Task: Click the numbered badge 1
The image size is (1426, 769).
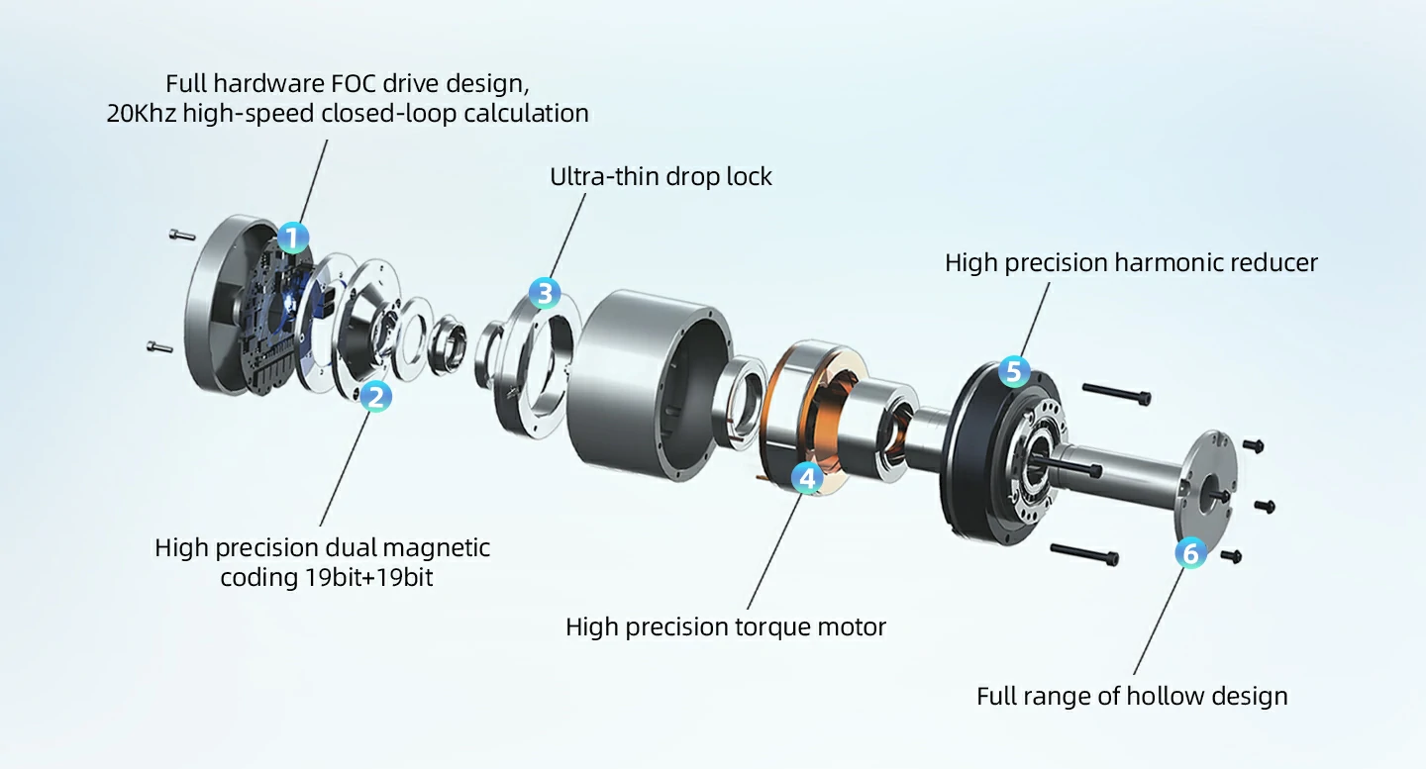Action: tap(293, 238)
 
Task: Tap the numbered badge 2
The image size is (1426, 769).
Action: tap(375, 397)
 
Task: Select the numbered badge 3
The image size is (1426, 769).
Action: tap(544, 293)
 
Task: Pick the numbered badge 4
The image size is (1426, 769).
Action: tap(808, 478)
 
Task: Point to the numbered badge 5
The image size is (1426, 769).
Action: tap(1013, 371)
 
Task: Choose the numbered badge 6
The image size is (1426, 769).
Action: tap(1190, 552)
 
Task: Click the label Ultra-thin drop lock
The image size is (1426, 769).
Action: tap(661, 177)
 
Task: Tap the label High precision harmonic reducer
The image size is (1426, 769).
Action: tap(1131, 262)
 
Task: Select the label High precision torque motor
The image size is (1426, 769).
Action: tap(725, 626)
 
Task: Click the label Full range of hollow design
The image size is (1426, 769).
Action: tap(1132, 696)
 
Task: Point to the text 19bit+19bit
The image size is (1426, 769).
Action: tap(369, 578)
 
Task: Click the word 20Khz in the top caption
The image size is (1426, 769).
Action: tap(142, 114)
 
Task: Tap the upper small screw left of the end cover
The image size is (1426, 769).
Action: tap(181, 235)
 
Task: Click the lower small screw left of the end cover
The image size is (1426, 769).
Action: tap(158, 346)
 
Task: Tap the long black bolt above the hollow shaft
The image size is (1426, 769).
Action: tap(1116, 393)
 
